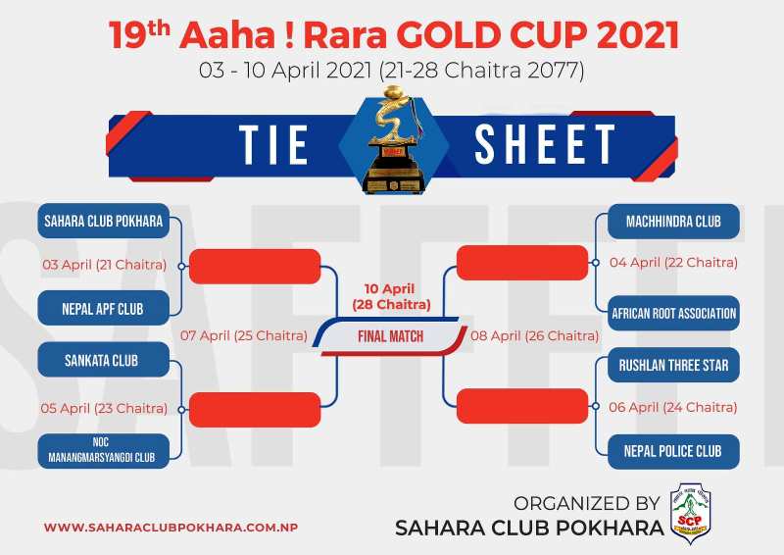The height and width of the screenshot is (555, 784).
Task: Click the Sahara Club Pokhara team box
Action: [x=104, y=221]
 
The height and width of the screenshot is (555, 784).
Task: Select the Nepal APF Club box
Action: [x=104, y=308]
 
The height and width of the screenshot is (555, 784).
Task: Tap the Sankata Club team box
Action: [x=104, y=360]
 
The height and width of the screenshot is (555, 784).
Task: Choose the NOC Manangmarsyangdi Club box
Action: [x=104, y=450]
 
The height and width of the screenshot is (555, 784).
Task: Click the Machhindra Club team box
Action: [x=673, y=222]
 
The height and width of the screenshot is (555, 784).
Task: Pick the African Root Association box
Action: [x=673, y=313]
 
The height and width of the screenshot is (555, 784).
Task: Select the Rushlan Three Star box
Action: [x=673, y=365]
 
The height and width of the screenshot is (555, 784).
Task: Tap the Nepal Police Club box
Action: [x=673, y=451]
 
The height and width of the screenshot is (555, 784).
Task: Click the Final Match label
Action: [x=390, y=336]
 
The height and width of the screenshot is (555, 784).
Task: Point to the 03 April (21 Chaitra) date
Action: [x=105, y=264]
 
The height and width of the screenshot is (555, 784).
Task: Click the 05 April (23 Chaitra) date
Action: [x=104, y=408]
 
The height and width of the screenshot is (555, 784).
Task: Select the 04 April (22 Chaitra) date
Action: [x=673, y=262]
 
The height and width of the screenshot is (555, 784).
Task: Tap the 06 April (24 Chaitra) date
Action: [x=673, y=407]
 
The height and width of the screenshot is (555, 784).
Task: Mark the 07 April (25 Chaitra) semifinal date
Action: [x=244, y=335]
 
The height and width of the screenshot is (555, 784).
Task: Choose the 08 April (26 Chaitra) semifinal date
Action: [x=534, y=335]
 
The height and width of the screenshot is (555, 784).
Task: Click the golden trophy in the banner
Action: [x=395, y=139]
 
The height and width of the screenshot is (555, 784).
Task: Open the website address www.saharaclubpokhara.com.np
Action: [x=171, y=528]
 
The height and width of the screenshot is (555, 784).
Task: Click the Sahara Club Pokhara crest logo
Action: [x=690, y=514]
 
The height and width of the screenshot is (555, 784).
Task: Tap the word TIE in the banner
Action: [x=273, y=144]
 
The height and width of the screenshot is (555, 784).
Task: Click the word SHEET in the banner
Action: [x=545, y=144]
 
